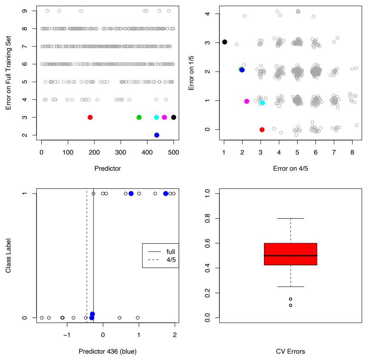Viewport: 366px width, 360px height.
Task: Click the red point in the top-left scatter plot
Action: (90, 117)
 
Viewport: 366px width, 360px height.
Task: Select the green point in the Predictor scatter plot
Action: (139, 117)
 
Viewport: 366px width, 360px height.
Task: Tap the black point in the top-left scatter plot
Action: (173, 117)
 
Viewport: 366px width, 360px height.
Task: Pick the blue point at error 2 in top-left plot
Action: (156, 135)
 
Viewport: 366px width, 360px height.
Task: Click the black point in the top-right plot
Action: (224, 42)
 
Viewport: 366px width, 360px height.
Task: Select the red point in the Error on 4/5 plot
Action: (262, 129)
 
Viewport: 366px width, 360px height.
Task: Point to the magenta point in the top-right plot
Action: (247, 101)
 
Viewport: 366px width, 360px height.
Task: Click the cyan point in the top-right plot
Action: (262, 103)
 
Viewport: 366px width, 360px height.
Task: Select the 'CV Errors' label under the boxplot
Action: (290, 351)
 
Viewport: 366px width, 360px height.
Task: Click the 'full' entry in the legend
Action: (170, 251)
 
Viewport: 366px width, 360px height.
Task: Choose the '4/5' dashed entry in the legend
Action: (170, 260)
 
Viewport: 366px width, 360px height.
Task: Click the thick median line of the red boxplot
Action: (290, 256)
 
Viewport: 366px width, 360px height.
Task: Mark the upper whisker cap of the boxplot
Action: (290, 218)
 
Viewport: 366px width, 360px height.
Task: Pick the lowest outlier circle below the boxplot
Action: (290, 305)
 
